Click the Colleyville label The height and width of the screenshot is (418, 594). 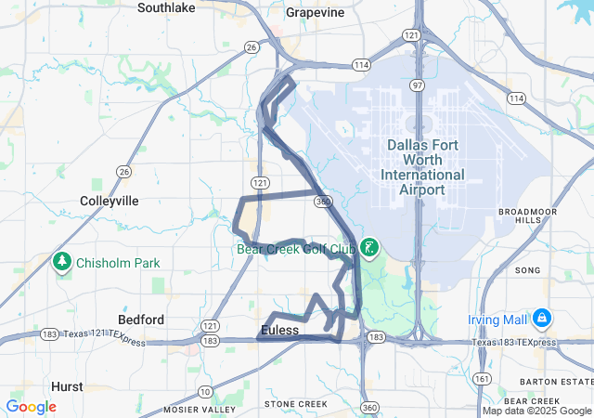tap(110, 201)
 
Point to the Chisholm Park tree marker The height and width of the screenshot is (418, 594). tap(63, 261)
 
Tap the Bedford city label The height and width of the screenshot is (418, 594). tap(141, 320)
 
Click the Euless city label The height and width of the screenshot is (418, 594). tap(280, 330)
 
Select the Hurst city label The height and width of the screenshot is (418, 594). tap(67, 386)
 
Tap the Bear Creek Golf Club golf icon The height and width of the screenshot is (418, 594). tap(369, 247)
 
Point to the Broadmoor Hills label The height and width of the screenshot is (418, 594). tap(526, 216)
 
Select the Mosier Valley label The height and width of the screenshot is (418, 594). tap(200, 409)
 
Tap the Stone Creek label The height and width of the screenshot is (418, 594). tap(296, 404)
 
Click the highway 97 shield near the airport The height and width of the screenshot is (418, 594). tap(419, 85)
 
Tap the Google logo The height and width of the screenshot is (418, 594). tap(31, 407)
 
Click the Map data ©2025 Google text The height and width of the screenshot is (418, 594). tap(536, 411)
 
